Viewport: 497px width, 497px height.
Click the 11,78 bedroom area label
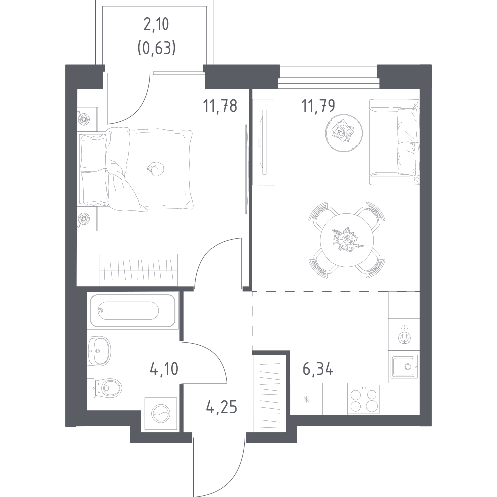pos(220,106)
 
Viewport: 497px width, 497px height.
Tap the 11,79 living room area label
pos(318,106)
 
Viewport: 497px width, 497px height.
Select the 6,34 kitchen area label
pos(318,369)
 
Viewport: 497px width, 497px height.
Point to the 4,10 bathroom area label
pos(164,369)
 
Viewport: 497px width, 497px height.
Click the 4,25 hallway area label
pos(222,407)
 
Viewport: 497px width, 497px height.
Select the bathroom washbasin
pos(99,351)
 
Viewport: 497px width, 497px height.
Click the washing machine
pos(161,414)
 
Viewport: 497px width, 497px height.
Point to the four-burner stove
pos(364,399)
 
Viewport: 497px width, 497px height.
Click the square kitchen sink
pos(404,366)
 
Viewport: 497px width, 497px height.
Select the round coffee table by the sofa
pos(344,133)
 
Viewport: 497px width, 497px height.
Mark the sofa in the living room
pos(395,142)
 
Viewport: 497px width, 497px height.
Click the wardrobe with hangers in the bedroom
pos(139,270)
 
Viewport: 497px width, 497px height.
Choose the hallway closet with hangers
pos(270,393)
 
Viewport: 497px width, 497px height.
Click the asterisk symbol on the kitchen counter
pos(306,399)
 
